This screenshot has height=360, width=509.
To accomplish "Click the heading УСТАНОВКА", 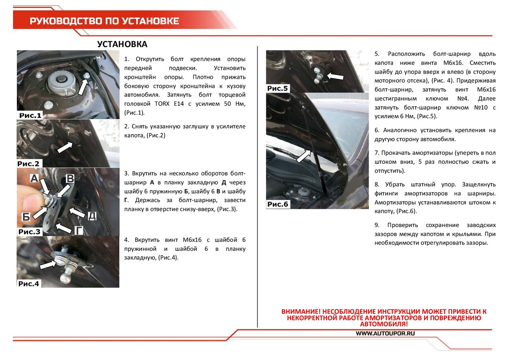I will (122, 44).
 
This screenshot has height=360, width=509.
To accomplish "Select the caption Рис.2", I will (29, 163).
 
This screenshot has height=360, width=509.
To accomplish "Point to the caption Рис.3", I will (30, 232).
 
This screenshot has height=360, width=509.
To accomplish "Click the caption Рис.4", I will (29, 284).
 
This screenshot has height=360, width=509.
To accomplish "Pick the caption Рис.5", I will (277, 88).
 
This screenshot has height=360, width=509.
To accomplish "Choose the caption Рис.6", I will (278, 204).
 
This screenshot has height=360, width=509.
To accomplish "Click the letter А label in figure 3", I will (35, 179).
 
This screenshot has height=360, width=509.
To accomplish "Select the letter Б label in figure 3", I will (26, 217).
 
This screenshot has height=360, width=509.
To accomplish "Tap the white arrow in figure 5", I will (335, 75).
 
